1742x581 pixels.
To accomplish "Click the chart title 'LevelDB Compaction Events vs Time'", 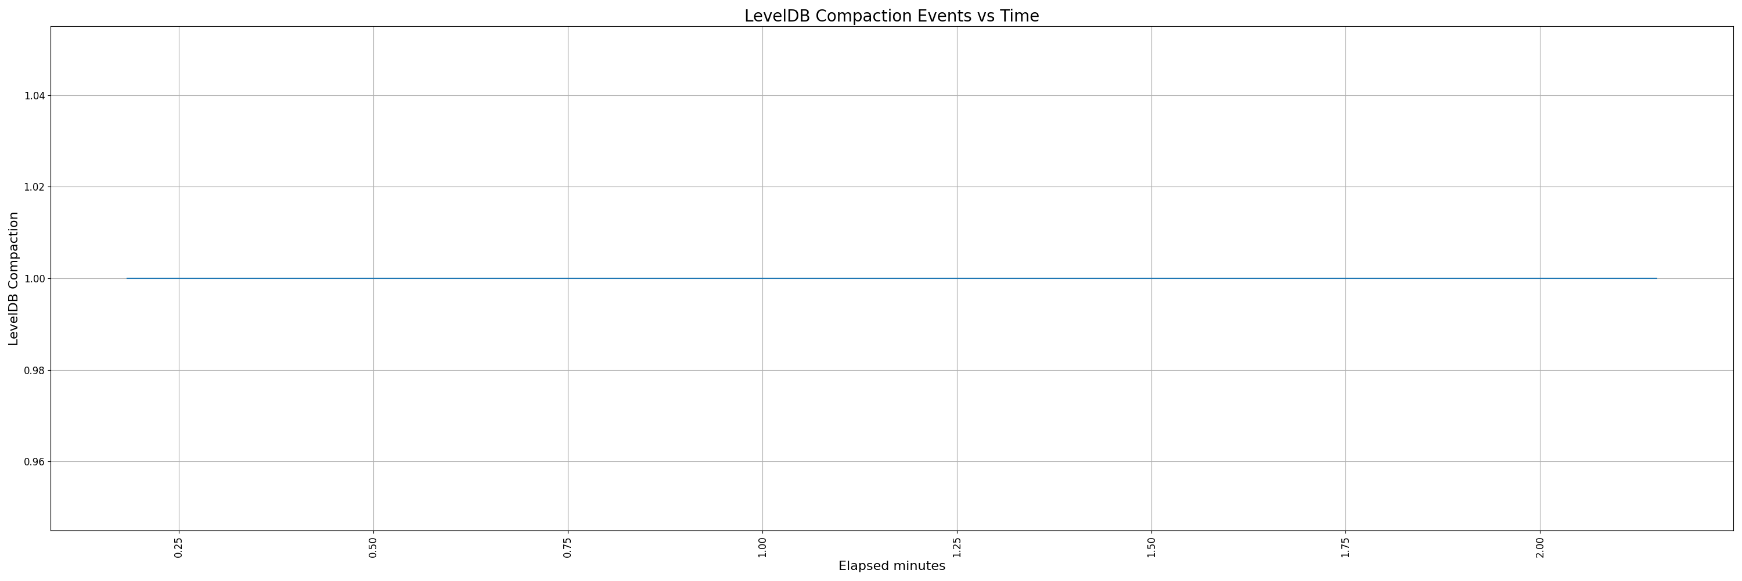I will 891,16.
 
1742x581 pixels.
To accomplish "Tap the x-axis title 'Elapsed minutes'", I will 891,566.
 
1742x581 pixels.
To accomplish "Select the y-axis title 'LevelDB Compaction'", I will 13,279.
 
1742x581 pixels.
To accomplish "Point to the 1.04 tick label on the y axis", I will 35,96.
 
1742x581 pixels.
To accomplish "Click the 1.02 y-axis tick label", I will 35,187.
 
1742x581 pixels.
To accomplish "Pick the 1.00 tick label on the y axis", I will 35,279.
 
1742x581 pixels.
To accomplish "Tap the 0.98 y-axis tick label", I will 35,371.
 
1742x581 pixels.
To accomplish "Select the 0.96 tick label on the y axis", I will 35,462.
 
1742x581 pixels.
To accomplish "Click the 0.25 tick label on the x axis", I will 178,548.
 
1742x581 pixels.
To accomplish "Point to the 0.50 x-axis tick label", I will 373,548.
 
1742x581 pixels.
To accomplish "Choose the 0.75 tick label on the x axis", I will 568,548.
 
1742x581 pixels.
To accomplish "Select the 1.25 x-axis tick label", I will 957,548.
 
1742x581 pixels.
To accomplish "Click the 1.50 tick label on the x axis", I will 1151,548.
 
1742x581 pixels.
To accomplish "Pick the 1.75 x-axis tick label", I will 1346,548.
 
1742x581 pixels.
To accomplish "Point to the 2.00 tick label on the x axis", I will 1540,548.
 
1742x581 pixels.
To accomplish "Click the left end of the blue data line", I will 127,278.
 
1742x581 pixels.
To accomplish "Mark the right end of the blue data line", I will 1657,278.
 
